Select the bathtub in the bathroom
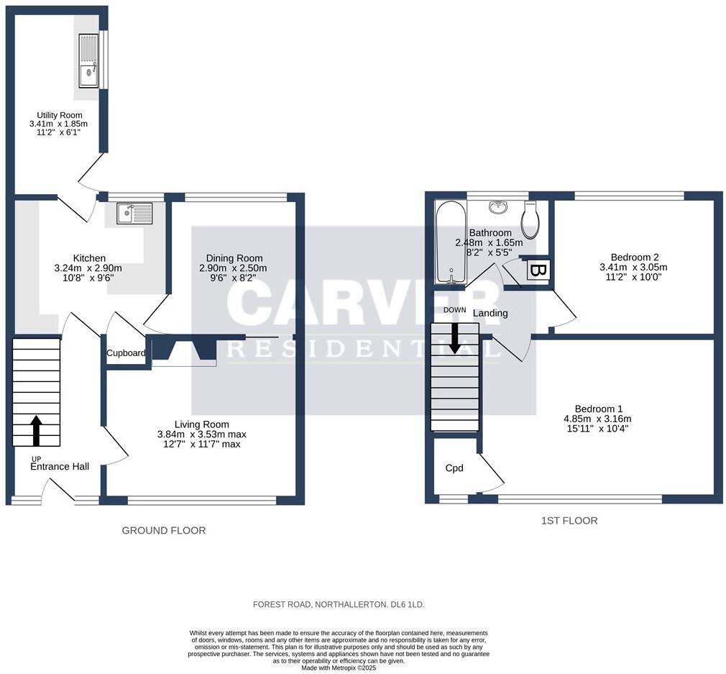pos(450,242)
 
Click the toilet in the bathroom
pos(530,219)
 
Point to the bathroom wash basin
pos(498,207)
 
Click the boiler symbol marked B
pos(538,270)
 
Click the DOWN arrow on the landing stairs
pos(454,338)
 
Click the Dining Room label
pos(234,258)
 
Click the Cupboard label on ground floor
pos(126,353)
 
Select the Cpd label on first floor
pos(454,468)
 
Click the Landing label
pos(490,313)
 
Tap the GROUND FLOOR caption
pos(164,531)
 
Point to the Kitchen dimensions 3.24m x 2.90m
pos(89,268)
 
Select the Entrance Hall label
pos(60,467)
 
